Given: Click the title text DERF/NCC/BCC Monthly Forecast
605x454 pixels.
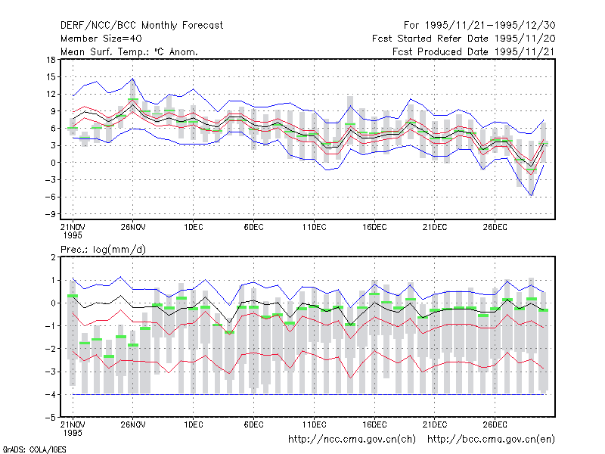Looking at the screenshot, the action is [141, 26].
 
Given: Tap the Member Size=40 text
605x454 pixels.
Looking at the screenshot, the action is [101, 39].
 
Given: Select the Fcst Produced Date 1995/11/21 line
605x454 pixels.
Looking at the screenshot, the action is [474, 51].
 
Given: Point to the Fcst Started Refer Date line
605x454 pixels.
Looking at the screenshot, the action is [464, 39].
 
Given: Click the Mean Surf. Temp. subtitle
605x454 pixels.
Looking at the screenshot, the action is [129, 51].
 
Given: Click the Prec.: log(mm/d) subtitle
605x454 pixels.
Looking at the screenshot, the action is [103, 250].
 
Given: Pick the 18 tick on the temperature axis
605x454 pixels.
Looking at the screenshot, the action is [51, 60].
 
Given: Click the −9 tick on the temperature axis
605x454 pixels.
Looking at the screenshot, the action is [50, 214].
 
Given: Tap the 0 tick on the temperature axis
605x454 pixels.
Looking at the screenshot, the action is [53, 163].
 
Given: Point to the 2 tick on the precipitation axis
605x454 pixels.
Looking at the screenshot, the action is [53, 257].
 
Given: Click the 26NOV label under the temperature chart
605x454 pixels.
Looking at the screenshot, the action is [133, 227].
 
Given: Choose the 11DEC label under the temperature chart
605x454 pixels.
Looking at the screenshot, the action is [314, 227].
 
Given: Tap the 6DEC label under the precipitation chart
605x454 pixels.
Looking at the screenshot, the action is [254, 424].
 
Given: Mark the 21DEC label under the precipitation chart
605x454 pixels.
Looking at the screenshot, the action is [435, 424].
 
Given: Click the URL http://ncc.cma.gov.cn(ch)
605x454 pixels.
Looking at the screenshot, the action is [352, 440].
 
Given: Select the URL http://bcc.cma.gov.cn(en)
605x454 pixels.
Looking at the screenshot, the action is [491, 440].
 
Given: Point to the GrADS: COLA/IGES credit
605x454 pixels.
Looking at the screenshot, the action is [34, 449].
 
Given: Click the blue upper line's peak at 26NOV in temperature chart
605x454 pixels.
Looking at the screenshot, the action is [133, 79].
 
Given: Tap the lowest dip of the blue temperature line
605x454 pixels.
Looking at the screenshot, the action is [532, 196].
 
